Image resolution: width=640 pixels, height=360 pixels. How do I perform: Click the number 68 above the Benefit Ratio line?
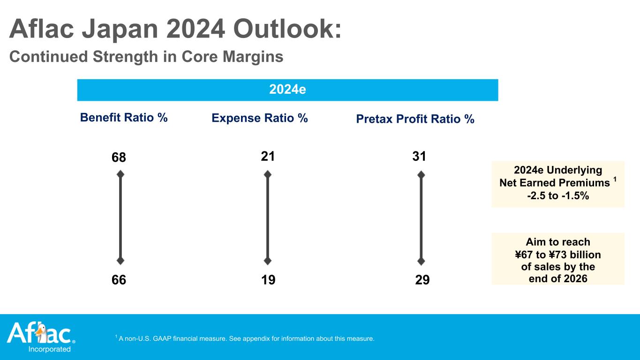(x=119, y=158)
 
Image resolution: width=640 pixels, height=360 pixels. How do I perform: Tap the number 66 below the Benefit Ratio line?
(x=119, y=280)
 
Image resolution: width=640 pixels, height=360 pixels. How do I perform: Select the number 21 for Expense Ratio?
(x=268, y=157)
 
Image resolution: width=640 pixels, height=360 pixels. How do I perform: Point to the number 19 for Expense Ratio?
(x=268, y=280)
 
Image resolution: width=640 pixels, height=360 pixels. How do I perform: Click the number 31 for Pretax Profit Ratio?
(x=419, y=157)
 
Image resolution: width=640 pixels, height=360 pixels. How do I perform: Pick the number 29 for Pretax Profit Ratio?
(x=422, y=280)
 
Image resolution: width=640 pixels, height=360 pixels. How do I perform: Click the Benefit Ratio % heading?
(x=124, y=118)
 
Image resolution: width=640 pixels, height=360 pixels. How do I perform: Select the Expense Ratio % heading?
(x=260, y=118)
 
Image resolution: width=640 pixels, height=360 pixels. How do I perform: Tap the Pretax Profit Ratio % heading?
(x=415, y=120)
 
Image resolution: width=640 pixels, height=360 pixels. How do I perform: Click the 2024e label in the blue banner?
(x=287, y=89)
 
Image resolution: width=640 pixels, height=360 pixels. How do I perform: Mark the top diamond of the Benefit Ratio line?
(x=120, y=174)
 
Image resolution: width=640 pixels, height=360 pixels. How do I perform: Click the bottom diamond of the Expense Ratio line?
(x=268, y=261)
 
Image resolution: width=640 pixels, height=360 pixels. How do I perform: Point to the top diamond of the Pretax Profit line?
(x=421, y=174)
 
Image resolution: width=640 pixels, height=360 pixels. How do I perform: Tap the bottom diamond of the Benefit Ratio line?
(x=120, y=261)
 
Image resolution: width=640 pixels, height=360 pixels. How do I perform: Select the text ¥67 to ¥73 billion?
(x=557, y=255)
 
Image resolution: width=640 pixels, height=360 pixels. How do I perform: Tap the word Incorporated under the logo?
(x=50, y=349)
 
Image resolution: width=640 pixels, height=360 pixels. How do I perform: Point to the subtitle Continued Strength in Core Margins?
(x=146, y=57)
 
